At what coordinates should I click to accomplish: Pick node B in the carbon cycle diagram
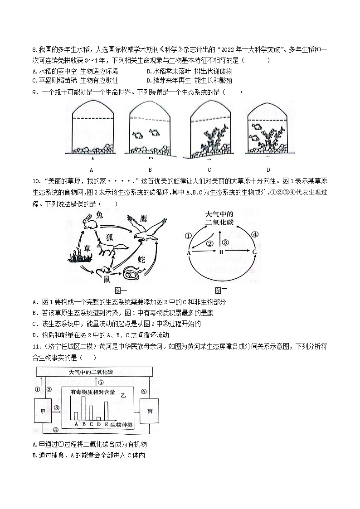(221, 252)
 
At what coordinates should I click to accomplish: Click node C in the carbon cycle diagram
(255, 252)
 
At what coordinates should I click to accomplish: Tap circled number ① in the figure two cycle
(188, 236)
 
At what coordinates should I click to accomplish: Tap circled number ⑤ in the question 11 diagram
(100, 382)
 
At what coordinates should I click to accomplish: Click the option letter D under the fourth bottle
(268, 170)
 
